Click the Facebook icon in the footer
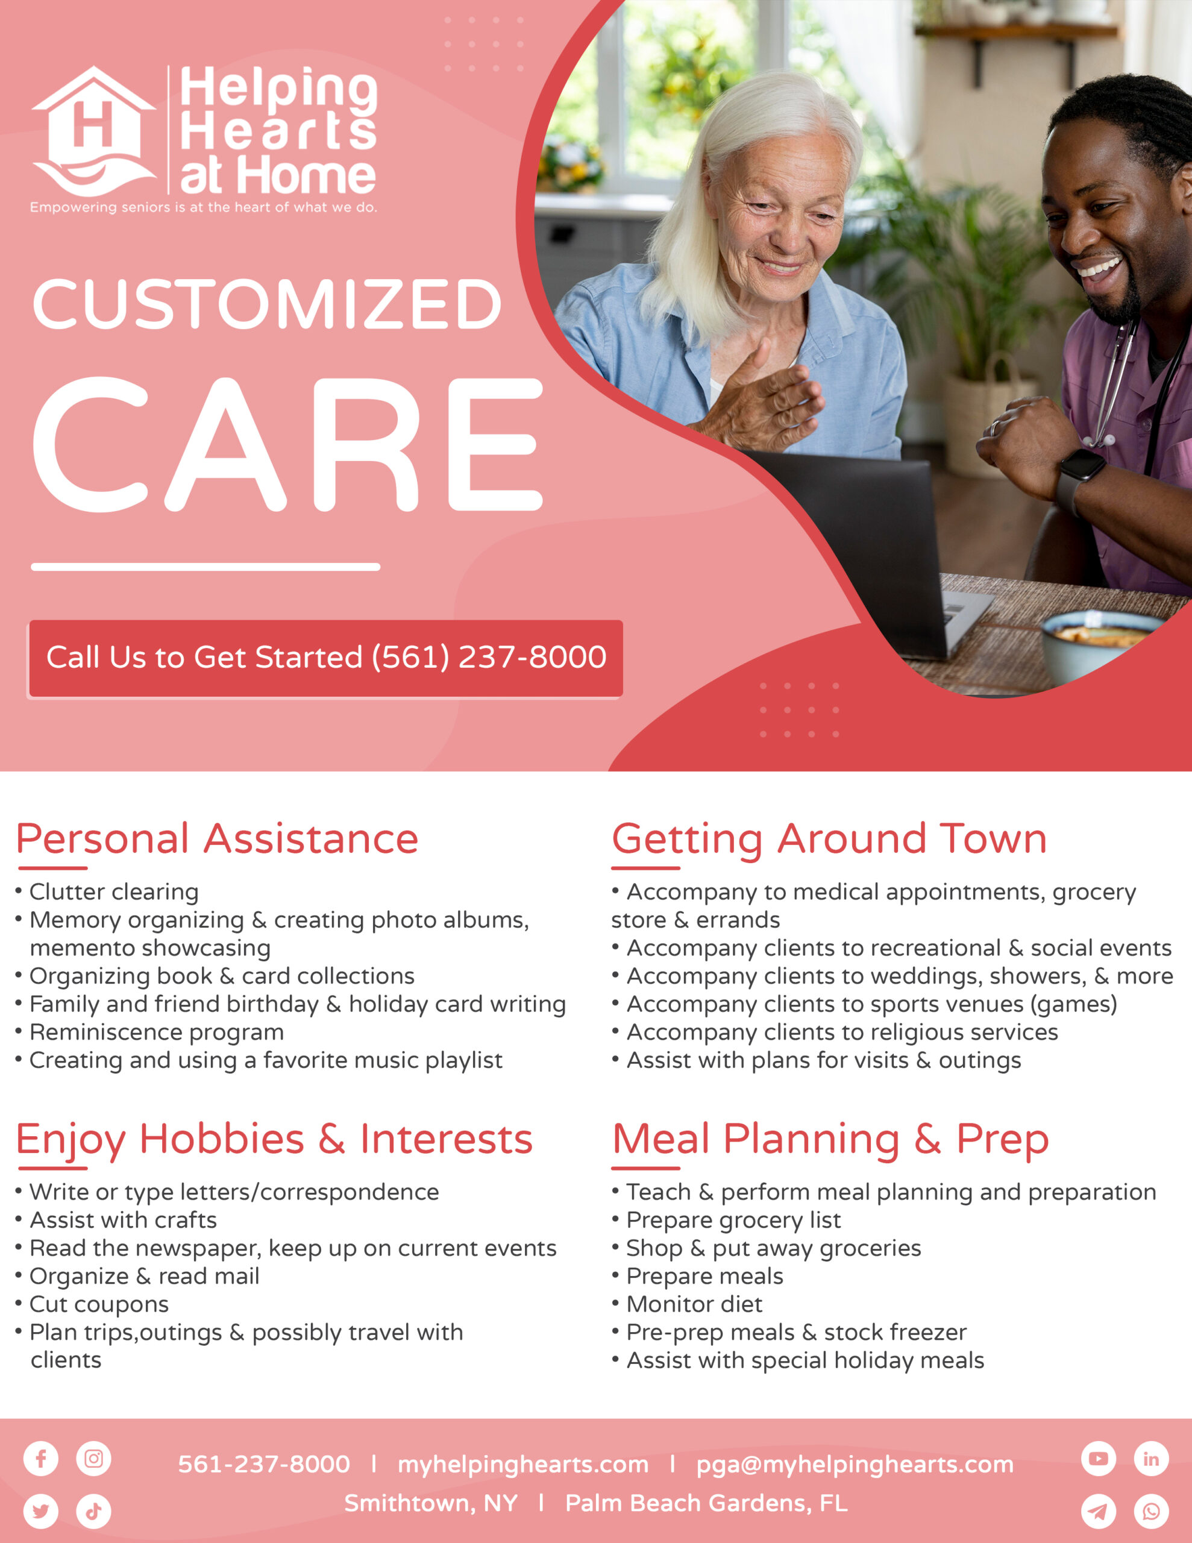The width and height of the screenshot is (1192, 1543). point(41,1458)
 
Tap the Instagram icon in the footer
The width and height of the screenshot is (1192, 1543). point(94,1458)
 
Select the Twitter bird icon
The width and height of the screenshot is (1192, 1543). point(41,1511)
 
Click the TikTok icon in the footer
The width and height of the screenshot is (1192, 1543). point(94,1511)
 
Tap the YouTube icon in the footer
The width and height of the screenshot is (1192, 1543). point(1099,1458)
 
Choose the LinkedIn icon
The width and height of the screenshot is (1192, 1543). point(1152,1458)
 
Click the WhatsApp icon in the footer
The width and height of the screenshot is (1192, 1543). point(1152,1511)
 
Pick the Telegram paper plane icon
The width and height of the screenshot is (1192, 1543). point(1099,1511)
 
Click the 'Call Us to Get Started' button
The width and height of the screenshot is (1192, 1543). point(326,658)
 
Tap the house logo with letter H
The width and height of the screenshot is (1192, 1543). point(93,131)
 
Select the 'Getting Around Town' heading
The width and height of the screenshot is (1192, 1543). point(829,840)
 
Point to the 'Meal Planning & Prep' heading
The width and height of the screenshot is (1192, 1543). point(830,1140)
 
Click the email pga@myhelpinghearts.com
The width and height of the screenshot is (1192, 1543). point(855,1465)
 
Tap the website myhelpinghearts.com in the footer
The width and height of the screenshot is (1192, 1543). point(523,1465)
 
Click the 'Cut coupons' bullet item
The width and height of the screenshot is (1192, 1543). point(93,1304)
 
